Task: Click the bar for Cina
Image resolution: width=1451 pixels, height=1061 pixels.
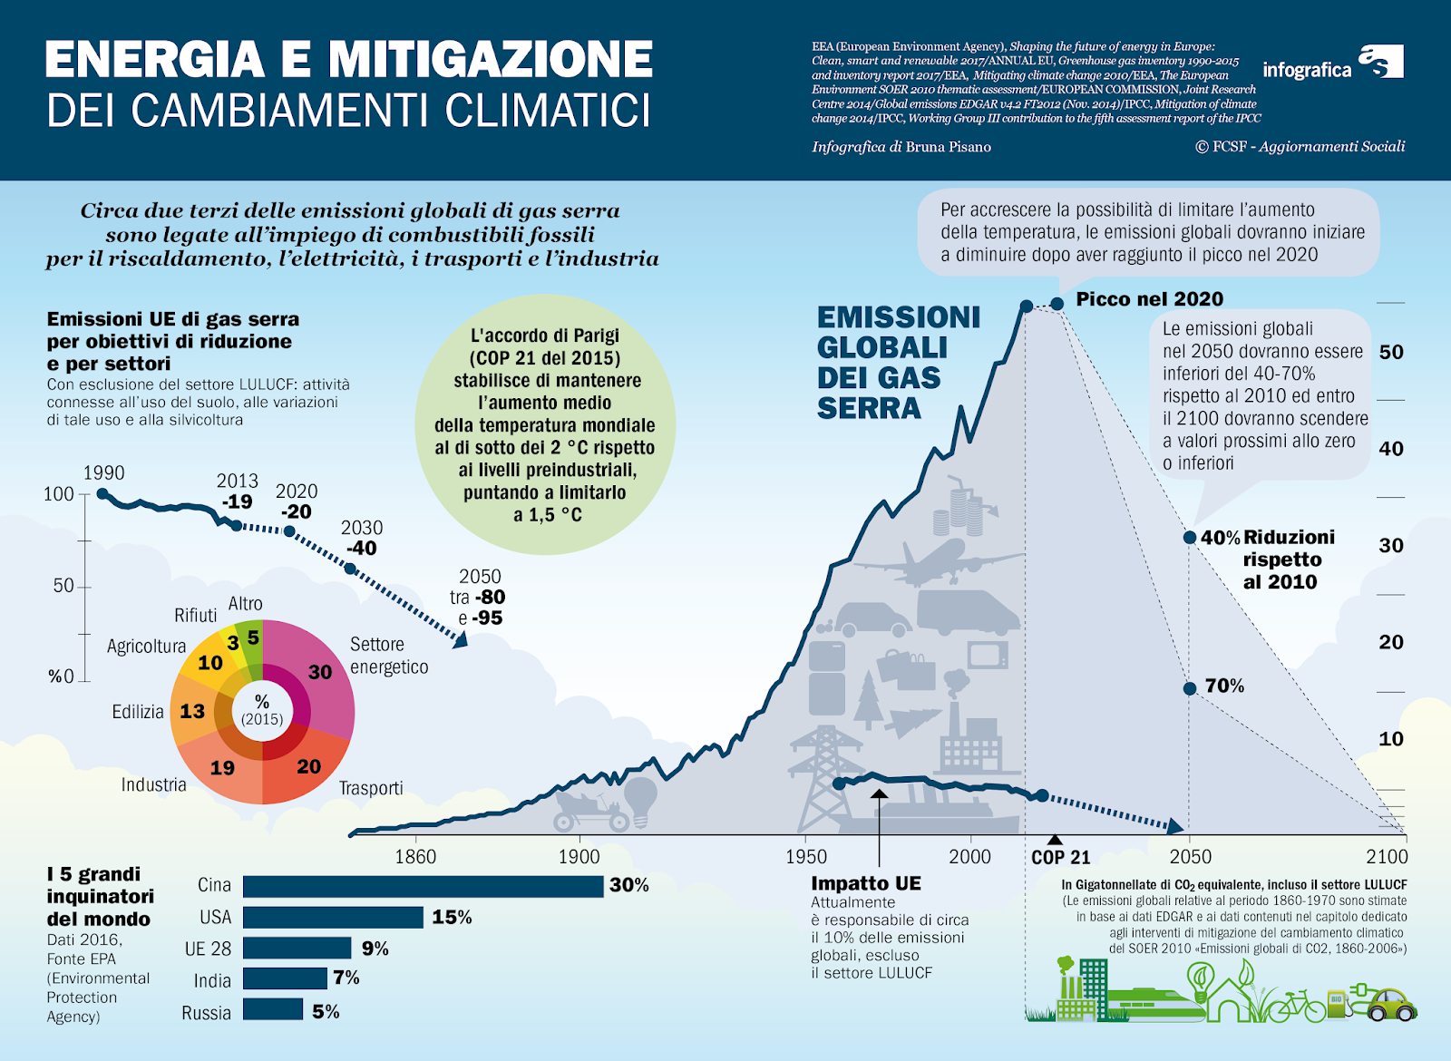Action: click(423, 886)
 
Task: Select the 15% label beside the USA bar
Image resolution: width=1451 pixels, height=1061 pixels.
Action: click(452, 918)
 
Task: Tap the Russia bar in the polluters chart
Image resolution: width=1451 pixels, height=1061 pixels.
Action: click(273, 1009)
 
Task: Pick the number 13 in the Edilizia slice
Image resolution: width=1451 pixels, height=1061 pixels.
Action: click(192, 711)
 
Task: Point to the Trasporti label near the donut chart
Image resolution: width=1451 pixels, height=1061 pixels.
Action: click(371, 788)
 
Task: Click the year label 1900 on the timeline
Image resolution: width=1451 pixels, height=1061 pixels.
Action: click(579, 857)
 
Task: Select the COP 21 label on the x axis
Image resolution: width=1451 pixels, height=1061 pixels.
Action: click(1060, 858)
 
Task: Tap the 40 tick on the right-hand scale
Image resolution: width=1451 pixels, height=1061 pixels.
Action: click(1390, 449)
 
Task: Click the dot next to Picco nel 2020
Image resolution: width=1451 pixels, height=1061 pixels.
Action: click(1057, 304)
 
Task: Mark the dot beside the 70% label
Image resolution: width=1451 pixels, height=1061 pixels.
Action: click(1190, 688)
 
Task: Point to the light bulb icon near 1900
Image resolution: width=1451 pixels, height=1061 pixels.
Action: click(641, 797)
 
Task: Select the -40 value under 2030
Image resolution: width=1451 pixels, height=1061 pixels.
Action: click(361, 549)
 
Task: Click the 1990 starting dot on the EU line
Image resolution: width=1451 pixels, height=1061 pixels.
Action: click(102, 494)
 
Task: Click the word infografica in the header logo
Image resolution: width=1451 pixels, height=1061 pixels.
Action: click(1307, 70)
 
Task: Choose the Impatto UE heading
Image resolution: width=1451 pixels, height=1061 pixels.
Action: click(865, 883)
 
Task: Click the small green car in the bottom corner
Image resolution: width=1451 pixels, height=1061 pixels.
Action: click(1390, 1005)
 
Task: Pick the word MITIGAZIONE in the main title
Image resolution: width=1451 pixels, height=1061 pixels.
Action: click(490, 60)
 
